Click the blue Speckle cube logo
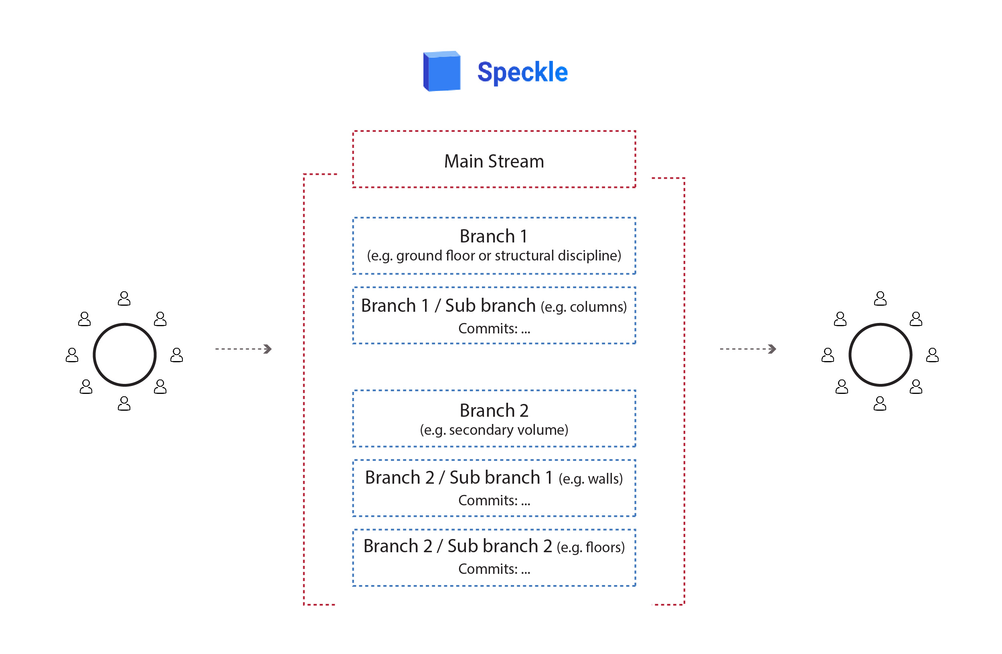coord(442,71)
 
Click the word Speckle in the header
coord(522,72)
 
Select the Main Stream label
coord(494,161)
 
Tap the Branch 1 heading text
coord(494,236)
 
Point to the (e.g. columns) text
coord(583,307)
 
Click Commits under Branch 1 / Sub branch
coord(494,329)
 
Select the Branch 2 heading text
coord(494,411)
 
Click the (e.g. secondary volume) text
coord(494,430)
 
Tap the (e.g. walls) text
coord(590,479)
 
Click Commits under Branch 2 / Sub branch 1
coord(494,501)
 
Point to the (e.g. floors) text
coord(590,547)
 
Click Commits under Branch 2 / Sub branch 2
coord(494,569)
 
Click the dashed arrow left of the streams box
coord(243,349)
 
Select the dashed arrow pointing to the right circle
coord(748,349)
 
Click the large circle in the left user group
coord(125,355)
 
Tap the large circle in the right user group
coord(881,355)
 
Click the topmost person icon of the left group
coord(124,299)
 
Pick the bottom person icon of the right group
coord(880,404)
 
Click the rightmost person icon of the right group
coord(933,355)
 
